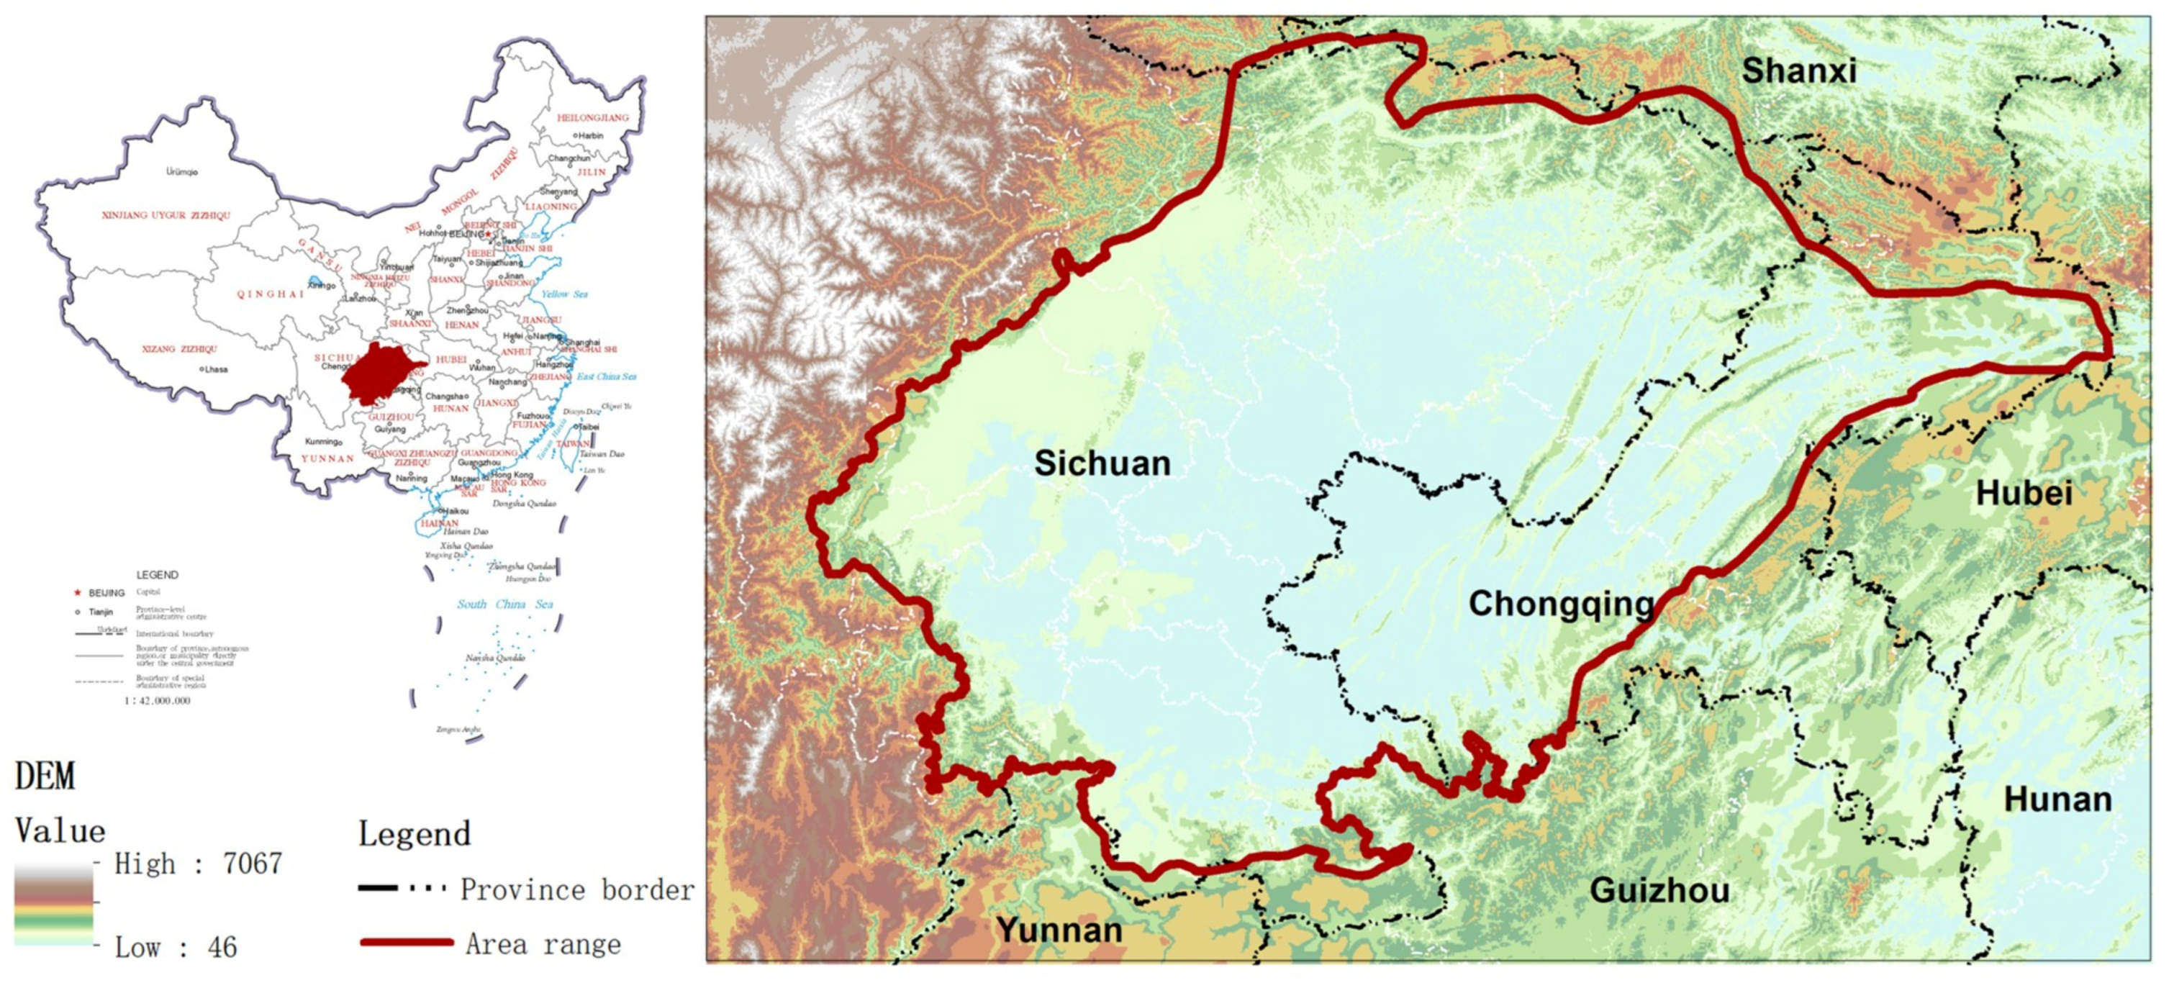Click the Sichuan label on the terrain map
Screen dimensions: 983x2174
(x=1102, y=463)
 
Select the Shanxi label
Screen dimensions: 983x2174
(x=1798, y=70)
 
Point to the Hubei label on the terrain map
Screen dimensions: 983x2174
(x=2024, y=493)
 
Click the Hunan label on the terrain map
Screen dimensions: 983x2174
(x=2057, y=799)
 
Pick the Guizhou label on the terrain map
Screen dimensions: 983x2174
(x=1659, y=890)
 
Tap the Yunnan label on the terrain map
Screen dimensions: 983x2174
(x=1059, y=930)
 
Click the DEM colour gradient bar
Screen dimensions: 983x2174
(x=53, y=905)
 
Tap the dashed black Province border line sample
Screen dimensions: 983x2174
(x=401, y=889)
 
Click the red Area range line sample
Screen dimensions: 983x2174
(x=407, y=943)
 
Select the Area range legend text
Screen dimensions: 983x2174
(x=543, y=943)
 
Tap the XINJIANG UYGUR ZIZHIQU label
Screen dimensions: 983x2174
(x=166, y=215)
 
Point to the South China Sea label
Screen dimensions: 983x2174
(x=504, y=604)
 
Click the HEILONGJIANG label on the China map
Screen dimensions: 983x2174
(x=592, y=117)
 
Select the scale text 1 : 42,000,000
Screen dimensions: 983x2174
(x=157, y=700)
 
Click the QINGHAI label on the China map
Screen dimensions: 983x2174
(x=270, y=294)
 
